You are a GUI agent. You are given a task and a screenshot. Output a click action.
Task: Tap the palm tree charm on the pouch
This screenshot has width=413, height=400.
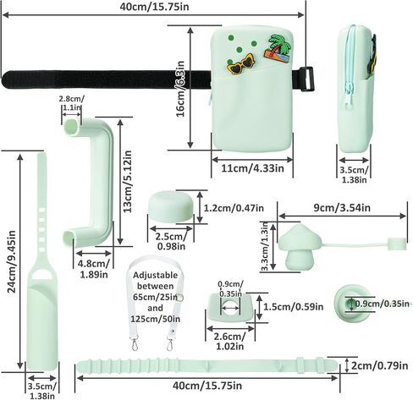pyautogui.click(x=278, y=48)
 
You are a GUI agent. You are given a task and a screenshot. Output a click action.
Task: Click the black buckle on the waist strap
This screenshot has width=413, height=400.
pyautogui.click(x=307, y=79)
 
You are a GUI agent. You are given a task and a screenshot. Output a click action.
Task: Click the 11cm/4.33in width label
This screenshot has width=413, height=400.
pyautogui.click(x=252, y=168)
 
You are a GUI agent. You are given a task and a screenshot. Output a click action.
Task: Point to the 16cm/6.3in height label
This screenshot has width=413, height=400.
pyautogui.click(x=180, y=89)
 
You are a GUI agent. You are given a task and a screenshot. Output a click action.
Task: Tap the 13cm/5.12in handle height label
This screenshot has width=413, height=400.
pyautogui.click(x=128, y=182)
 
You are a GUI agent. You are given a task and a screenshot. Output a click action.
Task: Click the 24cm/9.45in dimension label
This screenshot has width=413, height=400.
pyautogui.click(x=12, y=262)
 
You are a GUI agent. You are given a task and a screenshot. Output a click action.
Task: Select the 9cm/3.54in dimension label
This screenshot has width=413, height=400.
pyautogui.click(x=342, y=208)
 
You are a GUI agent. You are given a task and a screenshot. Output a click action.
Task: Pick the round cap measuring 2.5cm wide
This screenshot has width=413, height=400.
pyautogui.click(x=171, y=206)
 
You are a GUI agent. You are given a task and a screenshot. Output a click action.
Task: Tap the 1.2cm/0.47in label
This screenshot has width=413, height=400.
pyautogui.click(x=234, y=208)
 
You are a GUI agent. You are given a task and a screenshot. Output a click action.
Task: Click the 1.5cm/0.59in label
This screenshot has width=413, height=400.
pyautogui.click(x=294, y=306)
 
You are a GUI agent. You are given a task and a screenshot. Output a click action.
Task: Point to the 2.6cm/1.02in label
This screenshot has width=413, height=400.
pyautogui.click(x=230, y=341)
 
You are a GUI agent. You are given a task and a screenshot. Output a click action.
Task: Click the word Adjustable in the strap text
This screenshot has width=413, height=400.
pyautogui.click(x=156, y=275)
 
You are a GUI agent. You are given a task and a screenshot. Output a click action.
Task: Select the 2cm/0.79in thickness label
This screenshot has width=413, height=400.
pyautogui.click(x=379, y=366)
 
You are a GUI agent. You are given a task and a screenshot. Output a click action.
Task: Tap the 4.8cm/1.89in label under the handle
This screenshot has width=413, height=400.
pyautogui.click(x=94, y=269)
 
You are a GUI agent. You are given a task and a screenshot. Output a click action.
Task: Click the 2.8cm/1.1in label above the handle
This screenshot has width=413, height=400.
pyautogui.click(x=71, y=103)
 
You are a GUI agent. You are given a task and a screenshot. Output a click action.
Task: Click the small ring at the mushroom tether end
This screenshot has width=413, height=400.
pyautogui.click(x=397, y=244)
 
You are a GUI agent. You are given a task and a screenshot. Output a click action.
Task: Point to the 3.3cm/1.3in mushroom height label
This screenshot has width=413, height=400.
pyautogui.click(x=265, y=246)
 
